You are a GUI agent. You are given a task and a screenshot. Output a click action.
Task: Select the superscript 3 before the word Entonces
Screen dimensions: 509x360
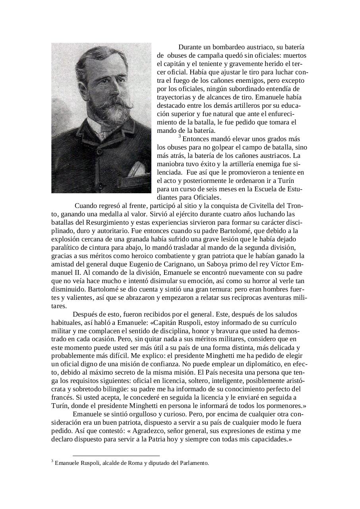click(180, 136)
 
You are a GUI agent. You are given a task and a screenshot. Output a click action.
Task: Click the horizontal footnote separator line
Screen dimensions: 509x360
click(116, 456)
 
